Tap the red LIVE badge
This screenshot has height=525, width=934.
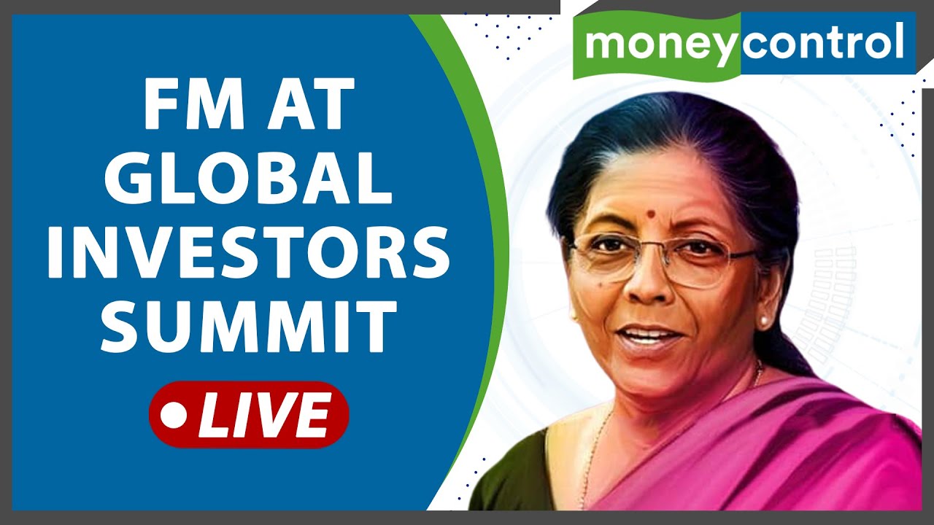pos(249,413)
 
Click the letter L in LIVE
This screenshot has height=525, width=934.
pos(212,414)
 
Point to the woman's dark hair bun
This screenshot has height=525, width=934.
pos(788,350)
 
